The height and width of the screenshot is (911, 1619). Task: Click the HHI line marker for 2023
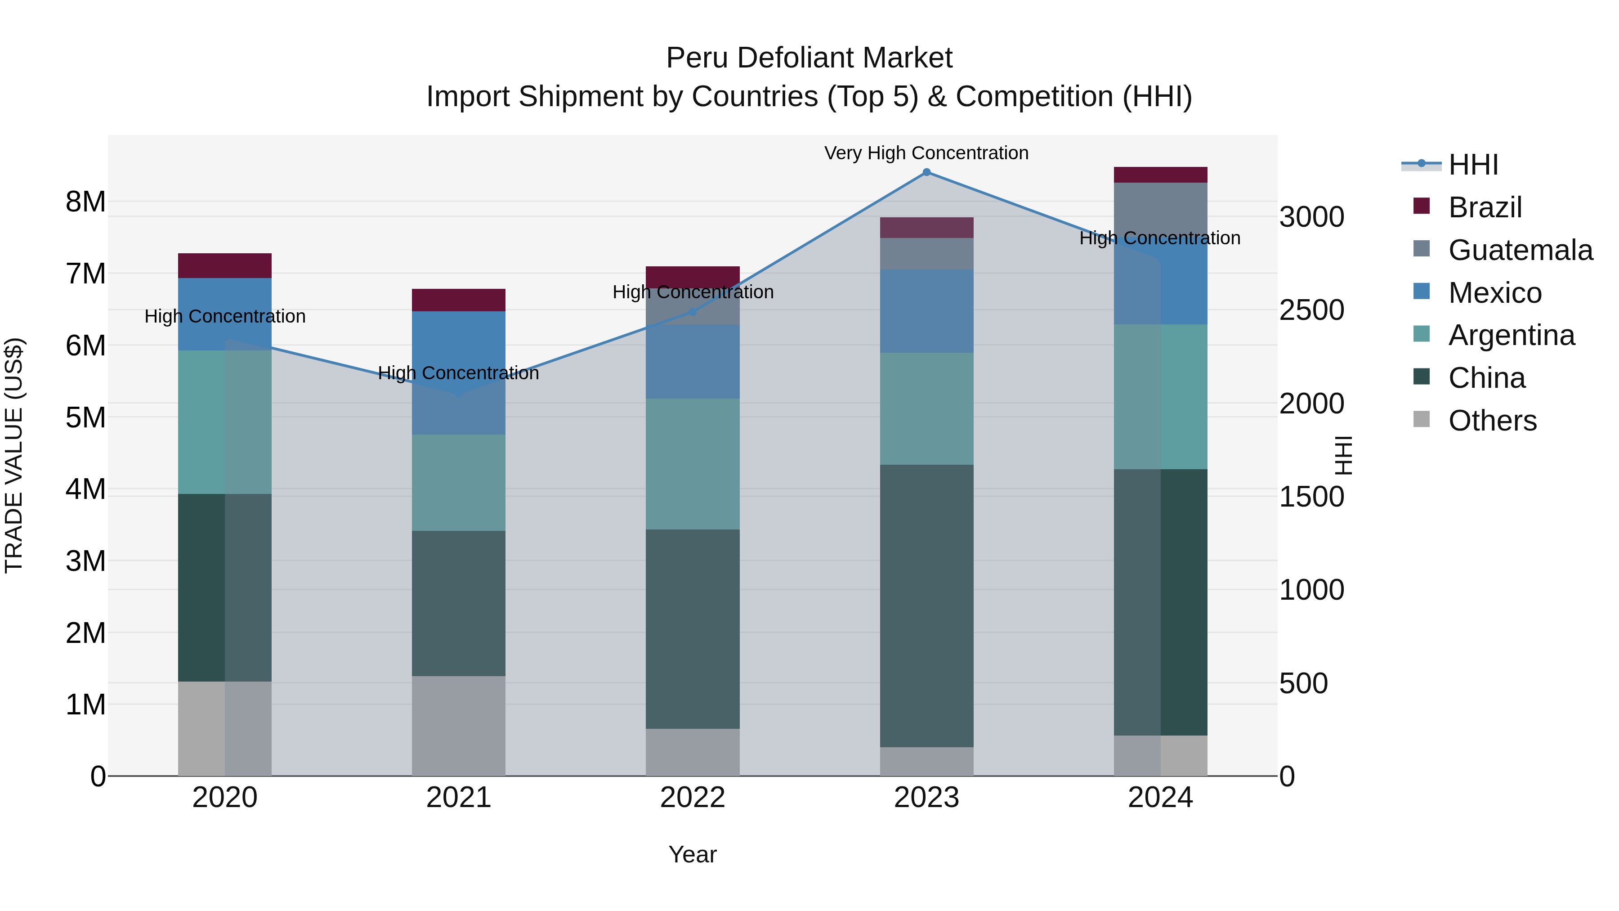pos(926,172)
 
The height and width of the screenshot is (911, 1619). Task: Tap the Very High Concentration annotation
pos(926,153)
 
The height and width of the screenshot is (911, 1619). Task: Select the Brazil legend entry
pos(1485,207)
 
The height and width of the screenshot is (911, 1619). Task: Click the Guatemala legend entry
pos(1520,250)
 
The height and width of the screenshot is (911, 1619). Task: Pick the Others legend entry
pos(1492,421)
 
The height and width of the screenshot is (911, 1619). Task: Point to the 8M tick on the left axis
pos(85,202)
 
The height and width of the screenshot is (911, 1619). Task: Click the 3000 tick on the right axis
pos(1312,217)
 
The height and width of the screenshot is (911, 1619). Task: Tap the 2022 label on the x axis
pos(693,798)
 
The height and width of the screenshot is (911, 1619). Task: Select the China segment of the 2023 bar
pos(926,606)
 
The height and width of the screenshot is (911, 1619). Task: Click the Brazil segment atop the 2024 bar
pos(1160,175)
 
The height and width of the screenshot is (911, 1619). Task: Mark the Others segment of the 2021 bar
pos(458,726)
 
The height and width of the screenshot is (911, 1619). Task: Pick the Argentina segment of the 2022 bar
pos(693,464)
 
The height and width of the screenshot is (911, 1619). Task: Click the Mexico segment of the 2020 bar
pos(224,314)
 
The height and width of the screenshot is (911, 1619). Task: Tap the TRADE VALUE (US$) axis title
pos(14,455)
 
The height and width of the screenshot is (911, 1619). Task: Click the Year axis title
pos(693,854)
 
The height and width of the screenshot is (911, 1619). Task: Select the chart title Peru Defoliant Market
pos(809,58)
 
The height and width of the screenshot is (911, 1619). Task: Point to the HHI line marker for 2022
pos(693,312)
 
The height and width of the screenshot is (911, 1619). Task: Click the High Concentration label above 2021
pos(458,373)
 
